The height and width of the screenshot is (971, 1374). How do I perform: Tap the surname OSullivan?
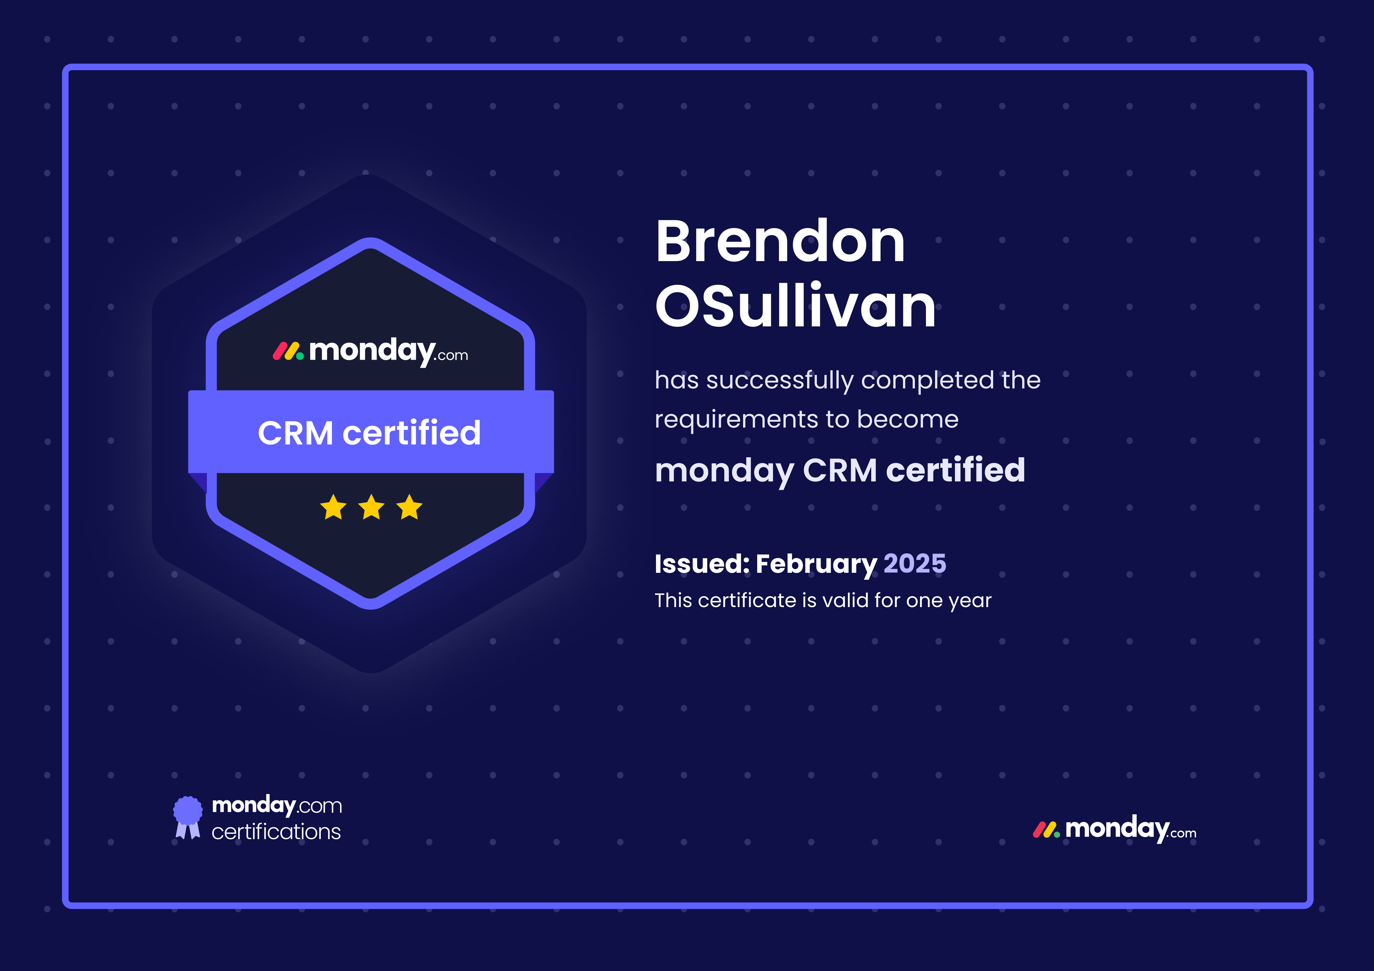coord(795,306)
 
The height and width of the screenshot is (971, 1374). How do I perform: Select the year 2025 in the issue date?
coord(914,563)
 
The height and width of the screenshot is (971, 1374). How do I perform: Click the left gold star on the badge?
coord(333,507)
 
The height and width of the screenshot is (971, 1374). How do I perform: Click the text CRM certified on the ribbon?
coord(369,433)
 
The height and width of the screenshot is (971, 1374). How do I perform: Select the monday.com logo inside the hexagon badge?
coord(370,352)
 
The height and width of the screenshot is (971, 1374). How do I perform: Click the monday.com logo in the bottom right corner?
coord(1114,829)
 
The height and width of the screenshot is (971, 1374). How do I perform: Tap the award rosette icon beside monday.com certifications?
coord(187,817)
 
